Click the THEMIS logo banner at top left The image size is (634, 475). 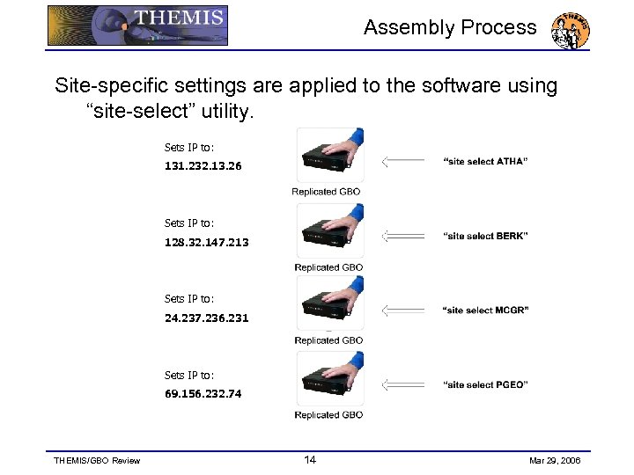tap(137, 26)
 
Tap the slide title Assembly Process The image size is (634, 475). tap(450, 27)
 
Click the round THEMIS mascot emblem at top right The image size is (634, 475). tap(570, 31)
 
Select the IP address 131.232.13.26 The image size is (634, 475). tap(203, 165)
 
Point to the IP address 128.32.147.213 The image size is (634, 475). tap(207, 242)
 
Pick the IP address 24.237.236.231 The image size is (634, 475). tap(207, 318)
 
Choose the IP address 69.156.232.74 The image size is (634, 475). tap(203, 393)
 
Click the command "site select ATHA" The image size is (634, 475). tap(485, 161)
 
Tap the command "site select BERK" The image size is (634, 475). tap(485, 236)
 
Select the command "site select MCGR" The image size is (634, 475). tap(485, 310)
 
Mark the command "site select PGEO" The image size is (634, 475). tap(485, 384)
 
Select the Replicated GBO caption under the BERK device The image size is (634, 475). tap(328, 267)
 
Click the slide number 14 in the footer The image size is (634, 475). tap(310, 460)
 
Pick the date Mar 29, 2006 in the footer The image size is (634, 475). tap(555, 461)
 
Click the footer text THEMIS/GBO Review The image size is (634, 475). tap(97, 461)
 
